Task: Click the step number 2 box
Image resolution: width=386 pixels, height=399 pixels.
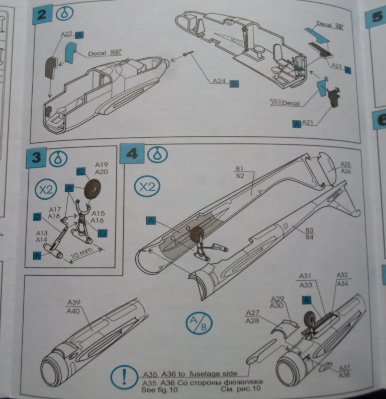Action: click(x=42, y=15)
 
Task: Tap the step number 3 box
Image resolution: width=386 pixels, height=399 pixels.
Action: click(x=36, y=157)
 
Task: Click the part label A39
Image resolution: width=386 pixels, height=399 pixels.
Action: click(x=74, y=302)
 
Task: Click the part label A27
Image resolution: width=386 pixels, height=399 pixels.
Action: click(x=253, y=313)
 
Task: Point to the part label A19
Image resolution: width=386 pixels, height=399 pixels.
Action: click(x=102, y=164)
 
